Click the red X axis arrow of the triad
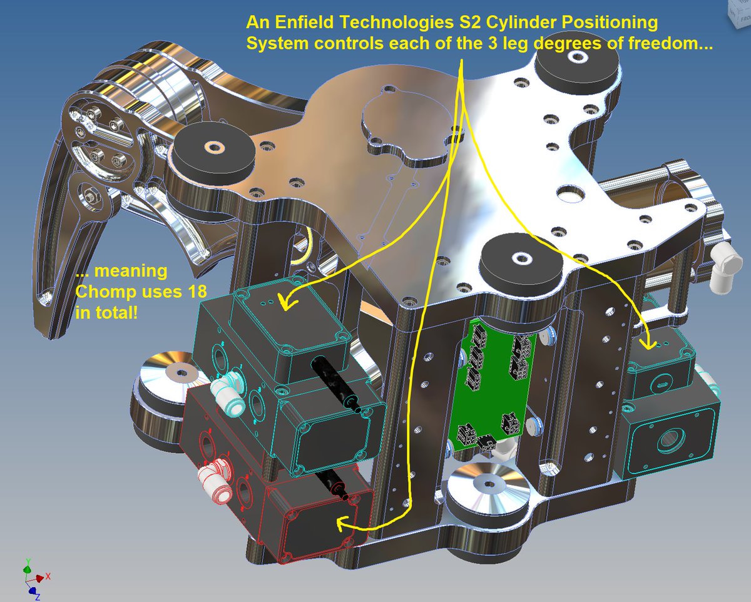click(x=43, y=577)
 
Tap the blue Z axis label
click(x=37, y=596)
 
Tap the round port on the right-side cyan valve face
click(x=663, y=441)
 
